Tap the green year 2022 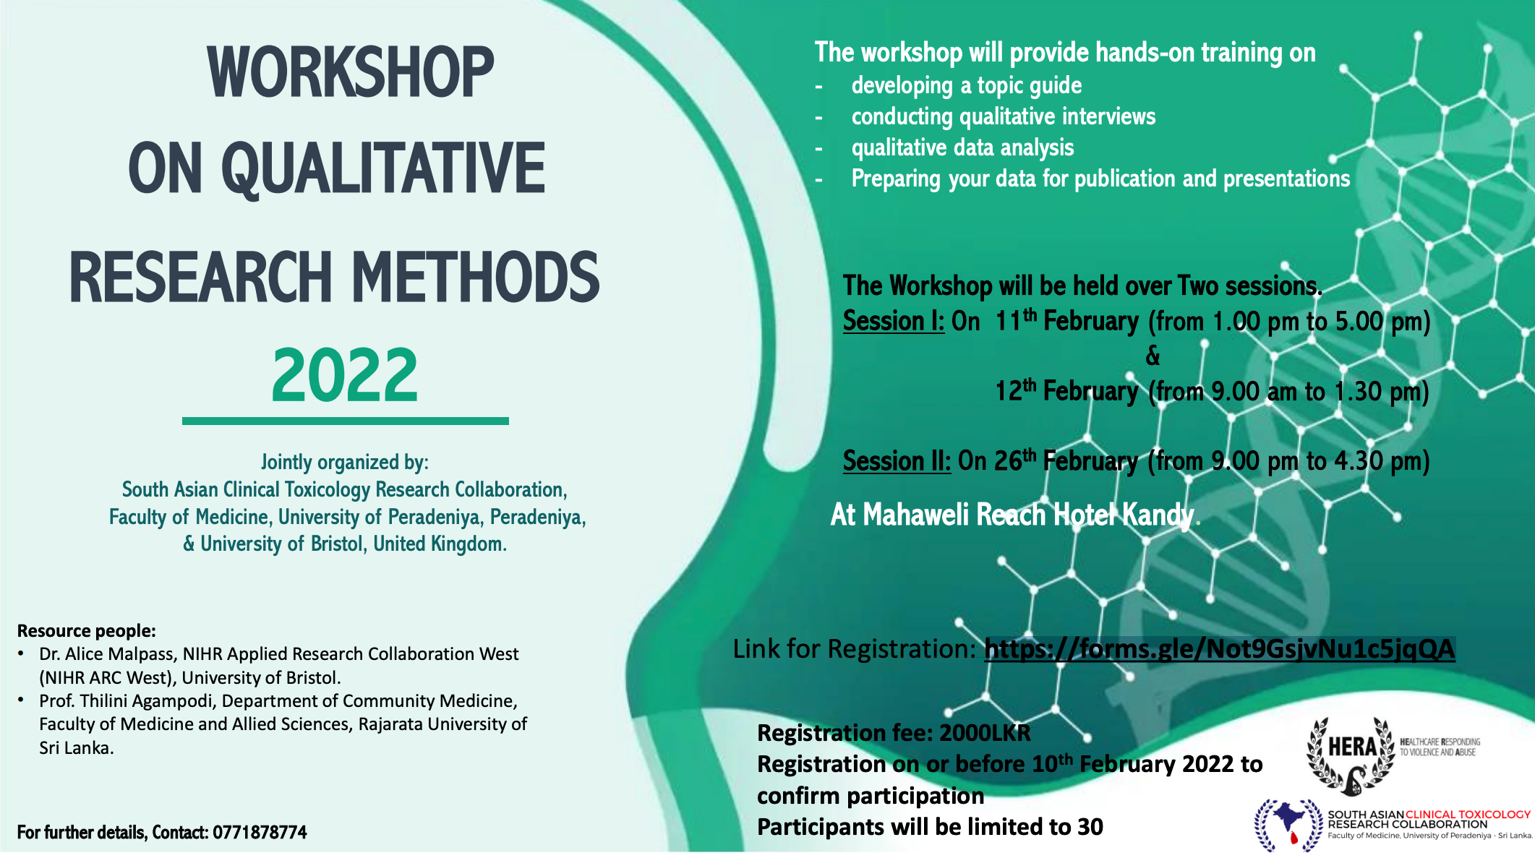345,375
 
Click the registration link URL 1219,649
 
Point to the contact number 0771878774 260,833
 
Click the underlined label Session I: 894,321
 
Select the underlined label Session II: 897,461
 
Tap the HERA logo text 1351,747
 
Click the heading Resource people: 86,631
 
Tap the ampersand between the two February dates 1153,356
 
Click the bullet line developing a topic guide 967,86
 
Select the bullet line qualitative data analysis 962,148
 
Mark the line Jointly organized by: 345,463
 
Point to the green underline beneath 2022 346,421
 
